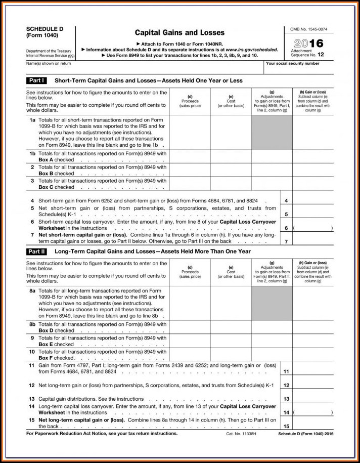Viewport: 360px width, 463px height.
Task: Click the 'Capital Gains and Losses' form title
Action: click(x=180, y=33)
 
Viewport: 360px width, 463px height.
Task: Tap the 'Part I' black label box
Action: click(x=37, y=80)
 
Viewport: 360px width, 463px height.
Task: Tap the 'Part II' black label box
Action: click(x=37, y=251)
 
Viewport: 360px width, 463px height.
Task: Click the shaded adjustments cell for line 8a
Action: click(x=272, y=303)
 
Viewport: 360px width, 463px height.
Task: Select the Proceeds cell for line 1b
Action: click(x=190, y=156)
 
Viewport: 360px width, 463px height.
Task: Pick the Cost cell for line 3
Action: click(x=231, y=184)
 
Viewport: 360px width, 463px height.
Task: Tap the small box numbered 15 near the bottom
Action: click(x=286, y=427)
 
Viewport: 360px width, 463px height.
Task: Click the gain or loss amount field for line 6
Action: click(x=312, y=228)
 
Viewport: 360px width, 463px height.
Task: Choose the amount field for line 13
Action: click(x=312, y=399)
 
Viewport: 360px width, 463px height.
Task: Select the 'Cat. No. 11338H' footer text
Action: click(x=240, y=434)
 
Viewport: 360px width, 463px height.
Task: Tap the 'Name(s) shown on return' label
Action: click(x=49, y=63)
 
